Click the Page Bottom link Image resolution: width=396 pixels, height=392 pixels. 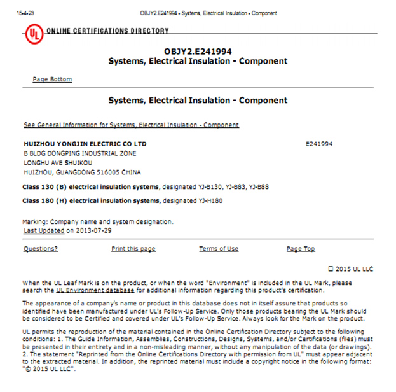52,80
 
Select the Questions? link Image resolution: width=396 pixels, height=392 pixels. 40,249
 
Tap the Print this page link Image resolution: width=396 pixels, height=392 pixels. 133,249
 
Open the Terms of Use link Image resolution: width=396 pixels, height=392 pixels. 219,249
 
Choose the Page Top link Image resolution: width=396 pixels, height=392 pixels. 301,249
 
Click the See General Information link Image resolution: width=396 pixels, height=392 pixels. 131,125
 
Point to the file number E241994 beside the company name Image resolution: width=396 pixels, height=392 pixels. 319,144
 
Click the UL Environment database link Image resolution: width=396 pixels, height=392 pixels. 95,290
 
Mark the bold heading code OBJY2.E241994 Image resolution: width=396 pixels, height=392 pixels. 198,51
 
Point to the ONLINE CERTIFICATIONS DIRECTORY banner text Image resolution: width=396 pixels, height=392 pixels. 107,31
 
